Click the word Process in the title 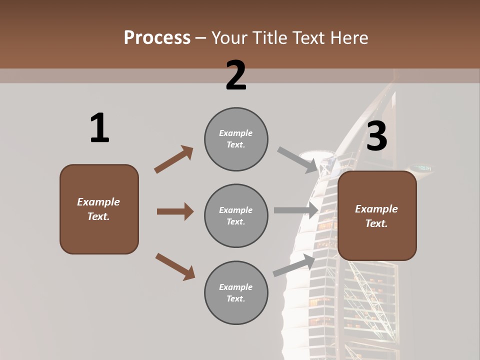click(157, 37)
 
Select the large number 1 click(99, 128)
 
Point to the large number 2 click(236, 75)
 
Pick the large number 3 click(376, 136)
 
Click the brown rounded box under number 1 click(99, 209)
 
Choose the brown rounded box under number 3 click(377, 216)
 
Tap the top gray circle click(236, 138)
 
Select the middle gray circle click(236, 215)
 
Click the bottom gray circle click(236, 292)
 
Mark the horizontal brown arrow click(175, 211)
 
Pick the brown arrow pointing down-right click(175, 266)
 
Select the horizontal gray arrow click(296, 210)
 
